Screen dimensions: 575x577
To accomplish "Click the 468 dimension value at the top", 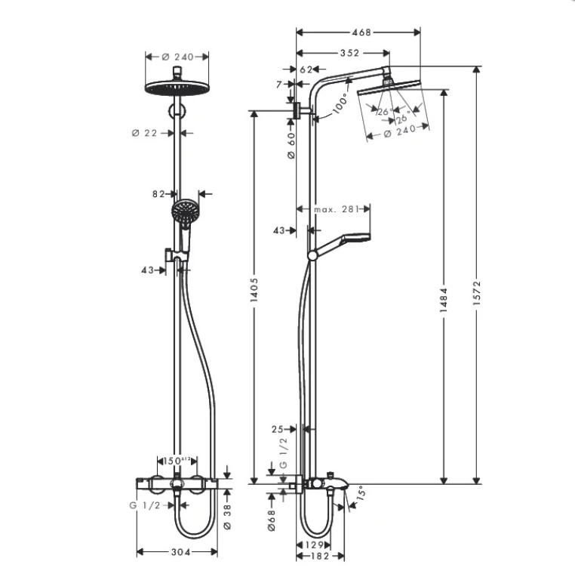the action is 361,32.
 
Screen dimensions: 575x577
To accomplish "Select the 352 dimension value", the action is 349,53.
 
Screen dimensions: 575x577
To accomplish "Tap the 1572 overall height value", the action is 476,293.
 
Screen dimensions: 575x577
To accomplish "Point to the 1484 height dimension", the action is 444,301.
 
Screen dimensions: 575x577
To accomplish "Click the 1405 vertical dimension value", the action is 254,290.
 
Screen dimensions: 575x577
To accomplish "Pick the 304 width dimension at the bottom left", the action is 181,552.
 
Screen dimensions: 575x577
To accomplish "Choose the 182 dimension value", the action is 320,556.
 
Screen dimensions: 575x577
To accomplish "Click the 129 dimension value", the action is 314,545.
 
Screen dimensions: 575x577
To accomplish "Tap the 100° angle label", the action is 340,103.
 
